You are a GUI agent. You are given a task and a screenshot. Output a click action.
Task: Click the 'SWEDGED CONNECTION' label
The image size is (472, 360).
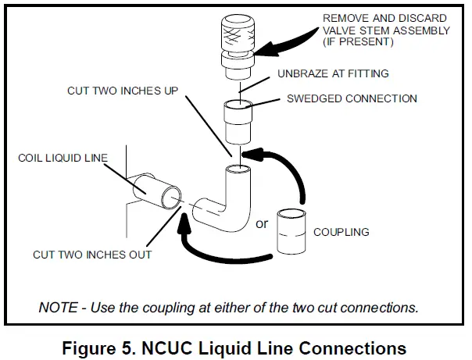[352, 99]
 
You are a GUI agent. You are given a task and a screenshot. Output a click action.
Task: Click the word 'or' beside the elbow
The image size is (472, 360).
[262, 223]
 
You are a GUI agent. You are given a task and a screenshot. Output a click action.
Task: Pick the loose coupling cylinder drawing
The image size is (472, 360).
[290, 232]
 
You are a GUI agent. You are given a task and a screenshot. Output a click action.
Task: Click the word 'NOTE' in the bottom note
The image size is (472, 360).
[57, 306]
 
